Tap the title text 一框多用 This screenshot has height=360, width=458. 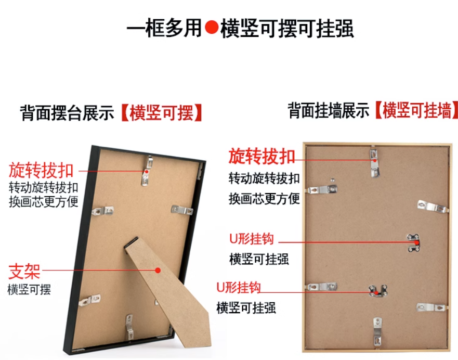click(164, 28)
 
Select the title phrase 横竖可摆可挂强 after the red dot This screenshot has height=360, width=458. click(287, 28)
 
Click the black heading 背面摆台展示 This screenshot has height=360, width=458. click(67, 113)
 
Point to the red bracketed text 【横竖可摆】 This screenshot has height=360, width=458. click(162, 113)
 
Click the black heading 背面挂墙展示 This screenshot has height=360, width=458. click(329, 110)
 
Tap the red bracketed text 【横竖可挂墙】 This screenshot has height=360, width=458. click(416, 110)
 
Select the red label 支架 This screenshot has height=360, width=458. click(24, 271)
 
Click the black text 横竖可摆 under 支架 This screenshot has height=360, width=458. click(29, 290)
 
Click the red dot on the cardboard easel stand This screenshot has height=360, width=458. click(158, 271)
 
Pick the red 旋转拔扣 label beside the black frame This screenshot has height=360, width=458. click(41, 170)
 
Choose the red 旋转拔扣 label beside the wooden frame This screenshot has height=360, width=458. click(261, 157)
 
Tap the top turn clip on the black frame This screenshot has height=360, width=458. click(147, 171)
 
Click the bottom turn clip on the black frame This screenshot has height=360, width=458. click(129, 327)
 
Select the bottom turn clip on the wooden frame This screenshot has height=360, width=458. click(377, 332)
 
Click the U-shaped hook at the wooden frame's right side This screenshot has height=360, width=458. click(414, 242)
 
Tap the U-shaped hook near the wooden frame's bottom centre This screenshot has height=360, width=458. click(377, 291)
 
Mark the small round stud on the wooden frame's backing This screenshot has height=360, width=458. click(332, 181)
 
